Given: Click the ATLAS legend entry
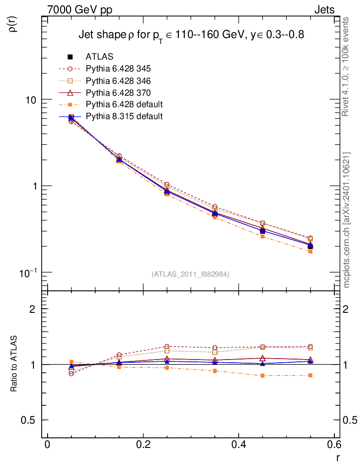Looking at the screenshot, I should coord(99,57).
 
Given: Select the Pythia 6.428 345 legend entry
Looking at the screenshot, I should coord(118,69).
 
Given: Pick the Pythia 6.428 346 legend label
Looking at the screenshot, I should coord(118,81).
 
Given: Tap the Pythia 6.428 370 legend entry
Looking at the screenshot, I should coord(118,93).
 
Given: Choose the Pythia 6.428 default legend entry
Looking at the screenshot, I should coord(124,104).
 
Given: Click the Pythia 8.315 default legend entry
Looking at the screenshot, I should coord(124,116).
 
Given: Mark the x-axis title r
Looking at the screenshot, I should coord(338,458).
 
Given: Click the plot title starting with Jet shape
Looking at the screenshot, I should coord(191,35).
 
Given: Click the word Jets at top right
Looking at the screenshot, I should coord(324,10).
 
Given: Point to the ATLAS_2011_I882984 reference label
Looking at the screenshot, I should coord(191,274).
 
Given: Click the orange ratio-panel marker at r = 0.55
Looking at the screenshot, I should coord(310,376).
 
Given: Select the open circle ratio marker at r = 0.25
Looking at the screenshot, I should coord(167,347).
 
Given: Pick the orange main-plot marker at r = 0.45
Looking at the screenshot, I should coord(262,236).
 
